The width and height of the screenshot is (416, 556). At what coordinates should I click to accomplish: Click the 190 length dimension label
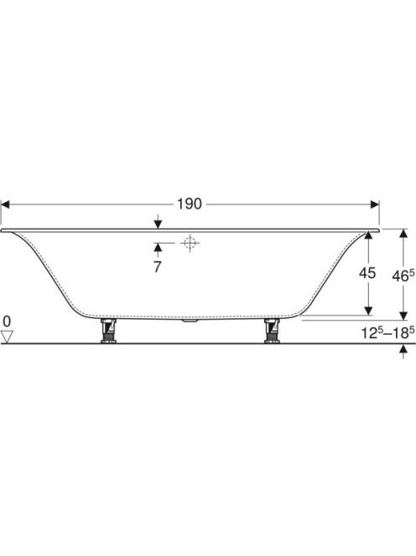(x=190, y=204)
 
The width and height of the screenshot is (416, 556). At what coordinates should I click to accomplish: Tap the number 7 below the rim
(x=158, y=267)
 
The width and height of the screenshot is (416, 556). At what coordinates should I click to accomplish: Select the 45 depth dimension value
(x=367, y=273)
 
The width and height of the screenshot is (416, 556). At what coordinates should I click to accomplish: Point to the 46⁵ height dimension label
(x=403, y=275)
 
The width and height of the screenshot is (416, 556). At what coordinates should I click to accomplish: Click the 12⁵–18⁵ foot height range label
(x=388, y=332)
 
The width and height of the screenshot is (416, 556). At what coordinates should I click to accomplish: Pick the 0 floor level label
(x=7, y=322)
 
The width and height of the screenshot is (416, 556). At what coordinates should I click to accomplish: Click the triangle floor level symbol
(x=7, y=337)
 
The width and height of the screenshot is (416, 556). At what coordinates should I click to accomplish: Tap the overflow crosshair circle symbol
(x=190, y=243)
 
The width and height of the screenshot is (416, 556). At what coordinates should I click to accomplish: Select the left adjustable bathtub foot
(x=108, y=331)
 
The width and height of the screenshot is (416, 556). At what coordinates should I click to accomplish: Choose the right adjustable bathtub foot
(x=272, y=331)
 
